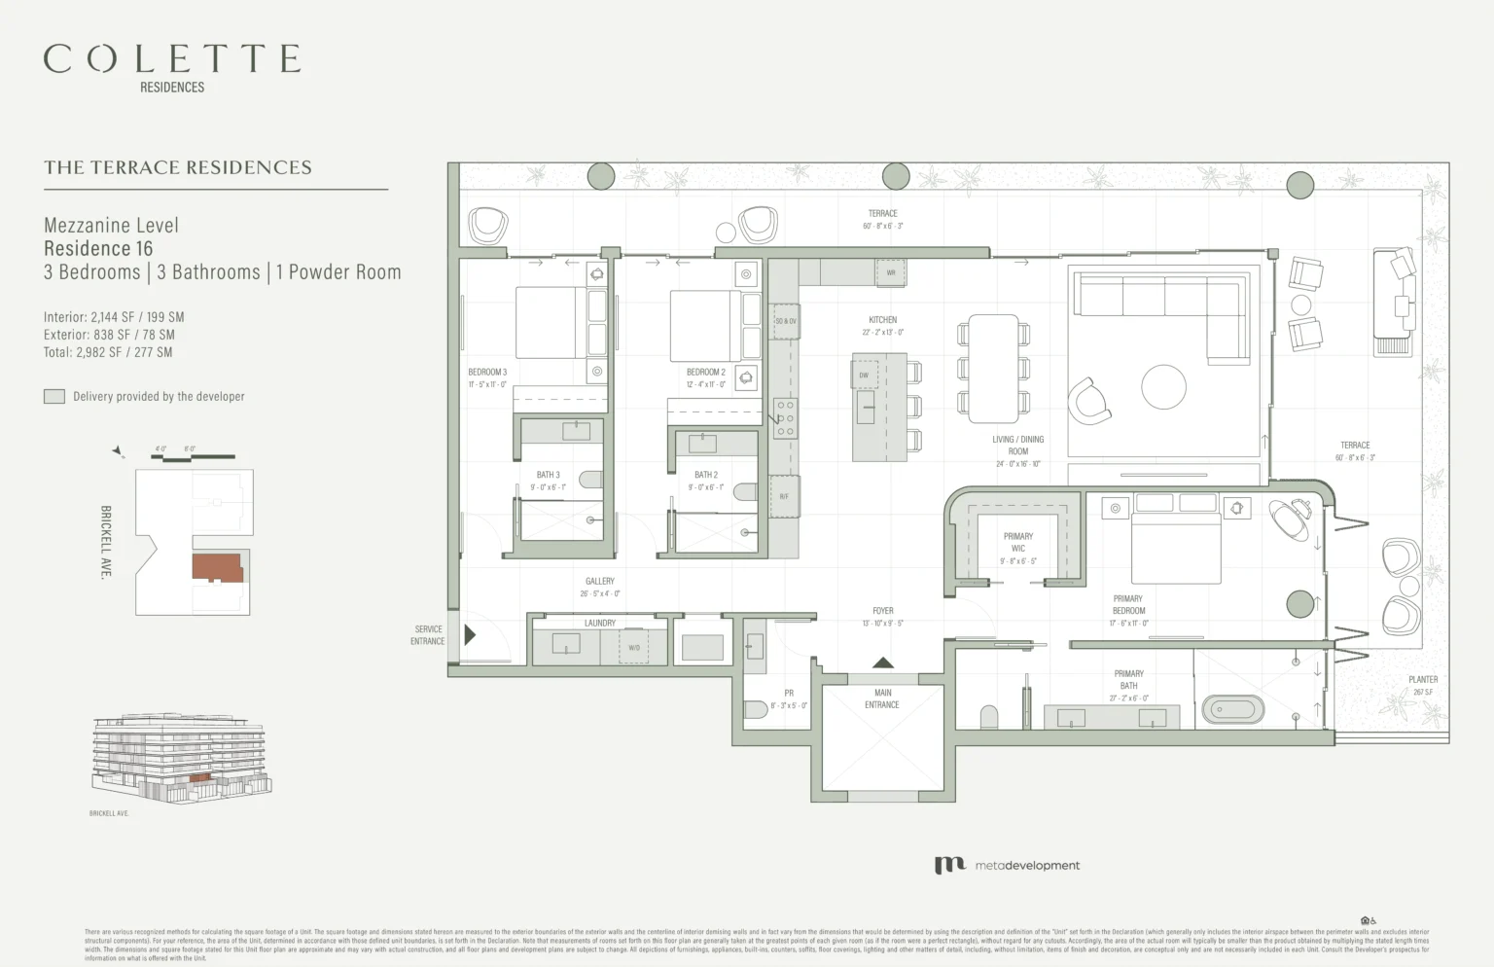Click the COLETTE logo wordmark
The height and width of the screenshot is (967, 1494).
click(x=172, y=59)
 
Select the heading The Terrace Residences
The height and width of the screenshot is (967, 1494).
click(x=178, y=167)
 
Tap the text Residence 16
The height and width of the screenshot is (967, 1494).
click(x=98, y=249)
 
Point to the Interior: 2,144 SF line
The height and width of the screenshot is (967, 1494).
click(x=114, y=317)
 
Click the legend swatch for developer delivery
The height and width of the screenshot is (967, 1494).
click(x=54, y=397)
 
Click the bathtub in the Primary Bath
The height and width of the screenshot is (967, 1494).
click(x=1232, y=709)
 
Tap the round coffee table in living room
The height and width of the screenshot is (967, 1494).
click(x=1163, y=386)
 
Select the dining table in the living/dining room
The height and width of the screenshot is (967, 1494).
click(x=993, y=368)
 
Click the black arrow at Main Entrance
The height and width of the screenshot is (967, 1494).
click(x=882, y=663)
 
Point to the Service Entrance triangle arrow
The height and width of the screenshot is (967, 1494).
click(x=470, y=635)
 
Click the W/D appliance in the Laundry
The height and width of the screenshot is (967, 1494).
click(x=634, y=647)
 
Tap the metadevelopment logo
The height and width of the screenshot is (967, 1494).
click(x=1007, y=865)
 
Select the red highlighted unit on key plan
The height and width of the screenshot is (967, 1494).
click(x=216, y=567)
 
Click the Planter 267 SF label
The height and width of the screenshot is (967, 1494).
click(x=1422, y=686)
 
